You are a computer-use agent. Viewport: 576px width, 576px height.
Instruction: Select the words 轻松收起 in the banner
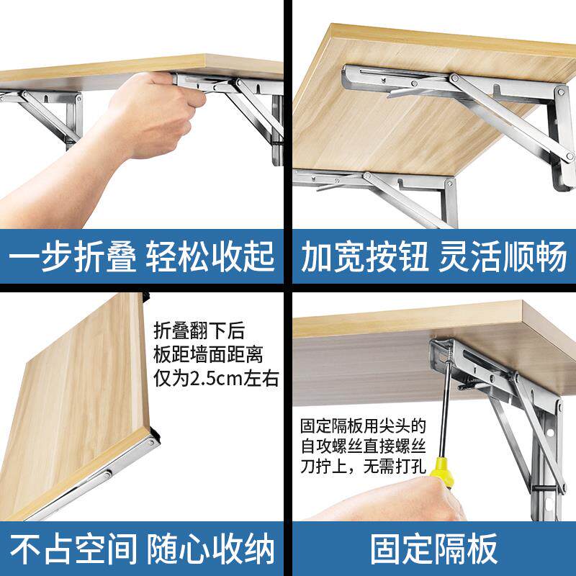[210, 257]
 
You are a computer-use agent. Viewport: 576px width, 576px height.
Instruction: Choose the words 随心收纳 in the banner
[210, 549]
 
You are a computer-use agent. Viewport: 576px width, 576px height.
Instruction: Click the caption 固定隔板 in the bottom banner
[434, 549]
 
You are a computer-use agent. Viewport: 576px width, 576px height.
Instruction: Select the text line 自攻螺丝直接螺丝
[364, 446]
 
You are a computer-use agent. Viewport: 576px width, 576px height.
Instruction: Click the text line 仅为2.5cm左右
[216, 377]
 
